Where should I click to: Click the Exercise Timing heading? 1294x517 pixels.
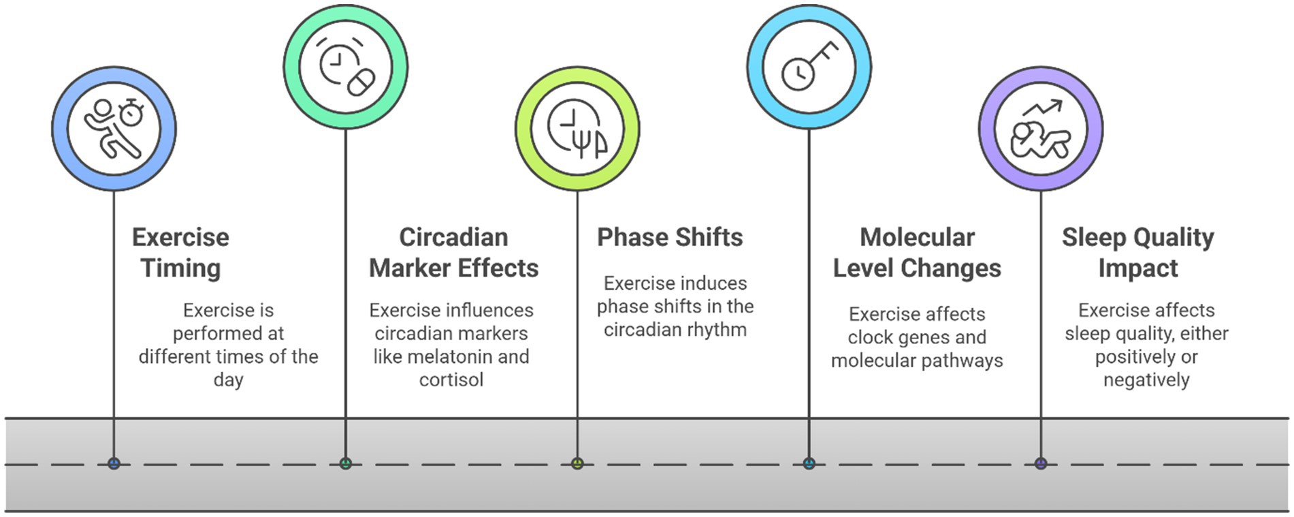tap(180, 253)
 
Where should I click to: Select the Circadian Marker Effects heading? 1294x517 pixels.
tap(453, 253)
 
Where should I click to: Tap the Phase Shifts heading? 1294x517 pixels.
tap(670, 237)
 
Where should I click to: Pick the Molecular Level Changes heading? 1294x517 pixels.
tap(917, 253)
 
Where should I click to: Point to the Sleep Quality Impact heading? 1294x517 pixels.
tap(1137, 253)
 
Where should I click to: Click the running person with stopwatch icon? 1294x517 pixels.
tap(114, 128)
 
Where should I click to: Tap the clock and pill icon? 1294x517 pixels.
tap(346, 67)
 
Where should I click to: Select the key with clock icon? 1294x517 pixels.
tap(809, 67)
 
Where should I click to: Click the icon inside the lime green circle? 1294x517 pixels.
tap(577, 128)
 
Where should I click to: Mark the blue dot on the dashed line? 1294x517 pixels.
tap(114, 464)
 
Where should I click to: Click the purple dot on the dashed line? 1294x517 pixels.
tap(1041, 464)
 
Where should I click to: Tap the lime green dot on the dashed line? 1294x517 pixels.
tap(577, 464)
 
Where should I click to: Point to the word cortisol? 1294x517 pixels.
tap(451, 379)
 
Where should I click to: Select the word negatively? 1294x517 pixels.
tap(1146, 379)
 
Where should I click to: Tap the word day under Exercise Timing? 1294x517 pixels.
tap(228, 380)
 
